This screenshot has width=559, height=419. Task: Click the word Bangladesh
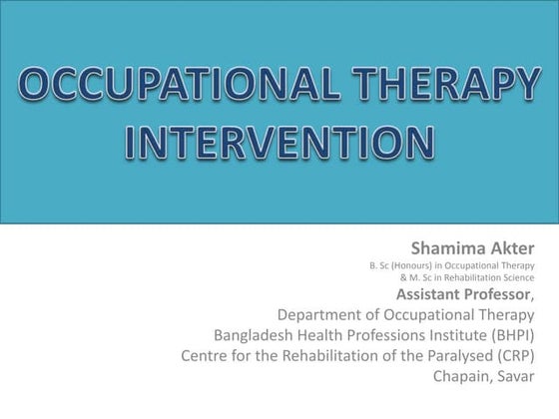click(x=257, y=335)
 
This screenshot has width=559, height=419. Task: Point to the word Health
click(x=329, y=335)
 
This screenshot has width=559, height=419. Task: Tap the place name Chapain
click(x=465, y=377)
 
